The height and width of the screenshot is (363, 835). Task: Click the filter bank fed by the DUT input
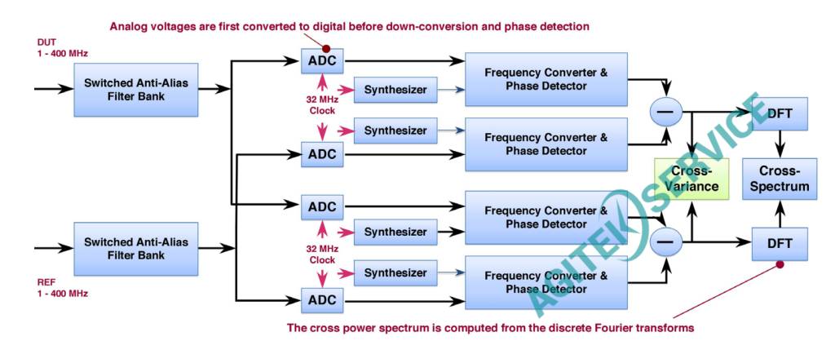135,89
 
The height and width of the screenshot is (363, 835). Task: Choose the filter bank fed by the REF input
135,249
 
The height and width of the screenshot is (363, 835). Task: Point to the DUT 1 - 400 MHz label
62,47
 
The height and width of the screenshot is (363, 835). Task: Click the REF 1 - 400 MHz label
62,287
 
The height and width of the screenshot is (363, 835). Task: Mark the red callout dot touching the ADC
326,48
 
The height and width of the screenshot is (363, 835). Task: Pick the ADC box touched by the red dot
322,60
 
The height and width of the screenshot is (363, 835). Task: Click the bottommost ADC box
322,300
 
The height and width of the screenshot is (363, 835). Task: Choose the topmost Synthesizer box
395,89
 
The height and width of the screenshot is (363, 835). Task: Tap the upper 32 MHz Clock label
323,105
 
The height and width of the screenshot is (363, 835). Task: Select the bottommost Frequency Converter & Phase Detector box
546,281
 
